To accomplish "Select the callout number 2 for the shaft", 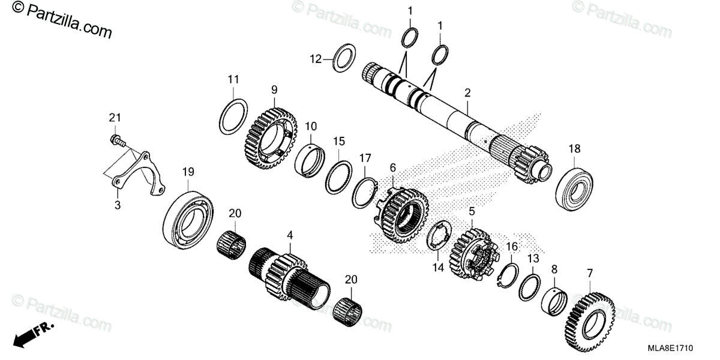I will click(x=467, y=92).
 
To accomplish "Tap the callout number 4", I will click(x=290, y=235).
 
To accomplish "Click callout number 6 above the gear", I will click(x=393, y=167).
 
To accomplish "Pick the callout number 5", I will click(x=472, y=211).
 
